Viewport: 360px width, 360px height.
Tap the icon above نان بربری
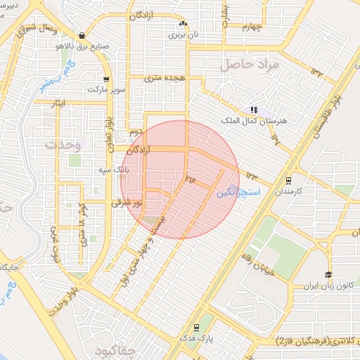pos(183,24)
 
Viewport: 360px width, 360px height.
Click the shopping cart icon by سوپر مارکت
pos(105,79)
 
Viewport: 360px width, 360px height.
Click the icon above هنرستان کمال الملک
pos(253,110)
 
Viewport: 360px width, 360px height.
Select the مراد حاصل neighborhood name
pos(251,65)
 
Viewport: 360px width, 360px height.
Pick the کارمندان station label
pos(288,191)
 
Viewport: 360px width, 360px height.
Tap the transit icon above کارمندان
pos(288,180)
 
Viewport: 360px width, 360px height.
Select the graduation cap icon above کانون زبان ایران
pos(328,274)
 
